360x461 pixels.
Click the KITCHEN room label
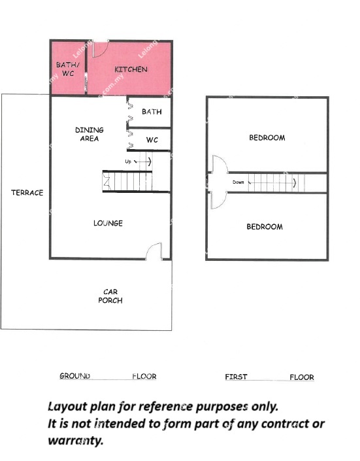131,69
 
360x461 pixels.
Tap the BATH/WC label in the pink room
67,69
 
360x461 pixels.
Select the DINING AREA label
90,134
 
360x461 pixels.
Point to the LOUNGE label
108,223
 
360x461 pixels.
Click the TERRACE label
27,192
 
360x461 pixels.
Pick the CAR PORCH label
110,296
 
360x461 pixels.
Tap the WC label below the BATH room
152,140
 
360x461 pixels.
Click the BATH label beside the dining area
152,112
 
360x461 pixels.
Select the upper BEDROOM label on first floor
267,137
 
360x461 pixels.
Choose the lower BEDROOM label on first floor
265,227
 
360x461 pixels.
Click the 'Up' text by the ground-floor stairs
128,162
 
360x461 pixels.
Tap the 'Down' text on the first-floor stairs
238,182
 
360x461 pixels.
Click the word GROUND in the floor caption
74,376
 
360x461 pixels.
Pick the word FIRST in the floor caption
236,377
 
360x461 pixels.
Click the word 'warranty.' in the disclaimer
76,441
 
